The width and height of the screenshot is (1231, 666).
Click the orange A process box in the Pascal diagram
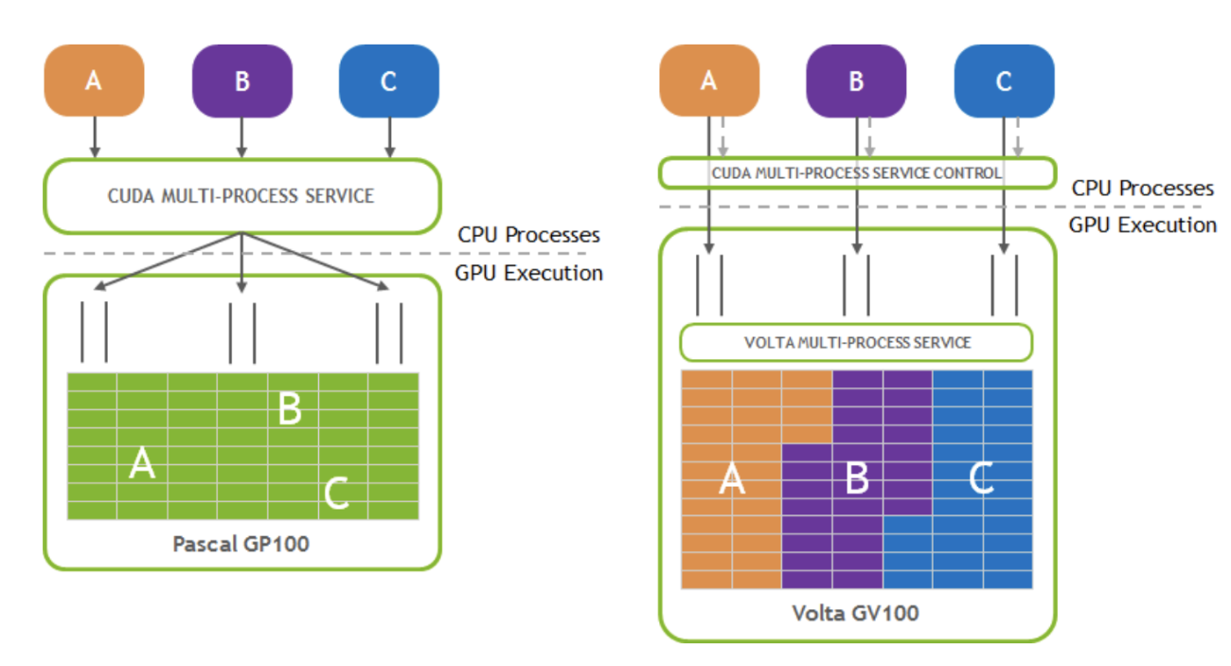tap(94, 81)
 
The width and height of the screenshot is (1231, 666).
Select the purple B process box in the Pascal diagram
tap(241, 81)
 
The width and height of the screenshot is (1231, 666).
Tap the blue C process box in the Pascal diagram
tap(389, 81)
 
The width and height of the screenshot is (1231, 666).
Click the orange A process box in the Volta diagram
tap(709, 81)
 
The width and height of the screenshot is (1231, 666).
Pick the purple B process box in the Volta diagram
tap(856, 81)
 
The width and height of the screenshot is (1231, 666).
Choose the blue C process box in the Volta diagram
tap(1004, 81)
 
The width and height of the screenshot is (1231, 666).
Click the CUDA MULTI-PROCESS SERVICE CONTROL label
tap(857, 173)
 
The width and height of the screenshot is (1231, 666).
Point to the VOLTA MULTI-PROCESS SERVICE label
tap(857, 343)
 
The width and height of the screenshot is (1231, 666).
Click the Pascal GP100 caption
tap(241, 544)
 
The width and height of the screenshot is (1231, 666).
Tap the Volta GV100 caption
tap(855, 613)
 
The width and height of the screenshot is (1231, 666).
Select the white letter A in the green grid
tap(142, 463)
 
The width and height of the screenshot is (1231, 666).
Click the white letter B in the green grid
tap(290, 408)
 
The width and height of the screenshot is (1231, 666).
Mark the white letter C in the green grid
tap(336, 493)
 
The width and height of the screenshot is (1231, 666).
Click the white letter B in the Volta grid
tap(857, 477)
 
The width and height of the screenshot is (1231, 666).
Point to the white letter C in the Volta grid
tap(982, 477)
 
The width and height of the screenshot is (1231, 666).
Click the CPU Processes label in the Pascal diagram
tap(528, 235)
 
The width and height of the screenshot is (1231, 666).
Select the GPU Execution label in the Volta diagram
tap(1143, 225)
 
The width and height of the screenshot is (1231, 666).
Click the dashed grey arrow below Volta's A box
tap(723, 136)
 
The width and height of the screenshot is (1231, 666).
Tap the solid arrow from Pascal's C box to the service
tap(389, 137)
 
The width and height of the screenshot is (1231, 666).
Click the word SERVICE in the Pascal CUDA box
tap(340, 196)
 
